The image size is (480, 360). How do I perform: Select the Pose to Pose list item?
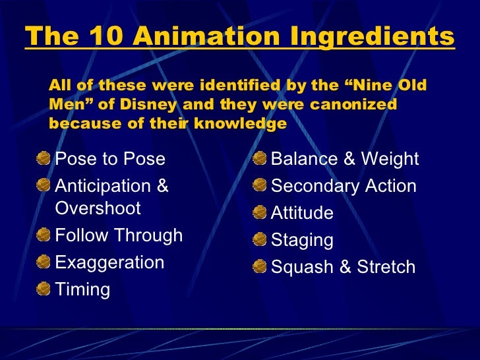tap(110, 159)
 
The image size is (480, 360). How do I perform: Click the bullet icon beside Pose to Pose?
tap(44, 158)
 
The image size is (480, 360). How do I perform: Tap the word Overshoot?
tap(98, 208)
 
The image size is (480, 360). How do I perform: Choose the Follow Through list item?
tap(119, 235)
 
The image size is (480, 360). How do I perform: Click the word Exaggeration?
tap(109, 262)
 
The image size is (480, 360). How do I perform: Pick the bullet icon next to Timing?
tap(44, 289)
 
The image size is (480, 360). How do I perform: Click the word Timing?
tap(82, 289)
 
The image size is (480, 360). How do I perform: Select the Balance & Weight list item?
tap(345, 159)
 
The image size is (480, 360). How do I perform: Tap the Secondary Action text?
tap(344, 186)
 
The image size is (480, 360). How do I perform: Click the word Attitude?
tap(302, 213)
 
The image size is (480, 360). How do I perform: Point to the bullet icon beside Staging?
tap(260, 239)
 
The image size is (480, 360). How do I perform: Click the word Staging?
tap(302, 241)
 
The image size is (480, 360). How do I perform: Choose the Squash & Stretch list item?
tap(343, 267)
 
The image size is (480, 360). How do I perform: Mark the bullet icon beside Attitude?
tap(260, 212)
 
